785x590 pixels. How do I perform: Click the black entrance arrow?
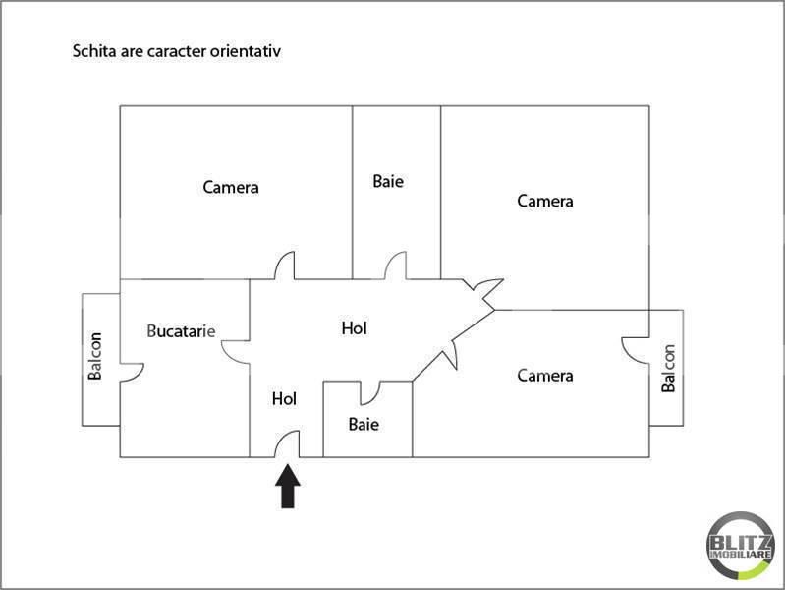click(x=288, y=486)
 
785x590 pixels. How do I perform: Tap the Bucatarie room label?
click(x=181, y=330)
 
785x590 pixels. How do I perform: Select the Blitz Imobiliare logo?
click(x=741, y=546)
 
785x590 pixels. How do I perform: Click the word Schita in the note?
click(x=94, y=50)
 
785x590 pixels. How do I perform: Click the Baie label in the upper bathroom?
click(x=388, y=181)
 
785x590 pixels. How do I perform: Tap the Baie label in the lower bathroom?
click(x=364, y=425)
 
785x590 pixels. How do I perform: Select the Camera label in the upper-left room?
click(x=231, y=188)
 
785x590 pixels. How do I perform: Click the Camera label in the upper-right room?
click(x=545, y=201)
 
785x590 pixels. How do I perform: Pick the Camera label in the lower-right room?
click(x=545, y=376)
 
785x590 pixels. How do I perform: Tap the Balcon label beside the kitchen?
click(x=94, y=356)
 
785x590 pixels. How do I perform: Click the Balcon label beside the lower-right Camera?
click(x=668, y=369)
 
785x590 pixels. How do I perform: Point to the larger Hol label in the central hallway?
click(x=355, y=328)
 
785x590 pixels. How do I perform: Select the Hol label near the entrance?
click(x=284, y=399)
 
